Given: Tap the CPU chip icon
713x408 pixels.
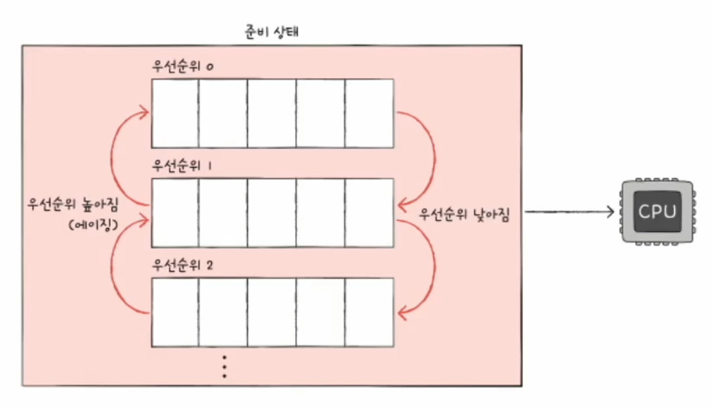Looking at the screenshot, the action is point(656,211).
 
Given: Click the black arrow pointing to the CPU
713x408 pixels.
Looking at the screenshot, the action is point(570,211).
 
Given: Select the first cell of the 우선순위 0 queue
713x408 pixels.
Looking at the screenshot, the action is point(175,113).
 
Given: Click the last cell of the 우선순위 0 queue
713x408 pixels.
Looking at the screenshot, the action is point(369,113).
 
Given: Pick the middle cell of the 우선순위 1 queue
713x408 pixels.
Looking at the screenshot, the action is point(272,213).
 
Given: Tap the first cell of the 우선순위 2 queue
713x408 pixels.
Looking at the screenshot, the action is point(175,312).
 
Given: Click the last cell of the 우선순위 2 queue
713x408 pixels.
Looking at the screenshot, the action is point(369,312).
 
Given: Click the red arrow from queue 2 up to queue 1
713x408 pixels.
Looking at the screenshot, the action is point(116,264).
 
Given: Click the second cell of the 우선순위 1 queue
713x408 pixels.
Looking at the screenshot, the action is point(223,213).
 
